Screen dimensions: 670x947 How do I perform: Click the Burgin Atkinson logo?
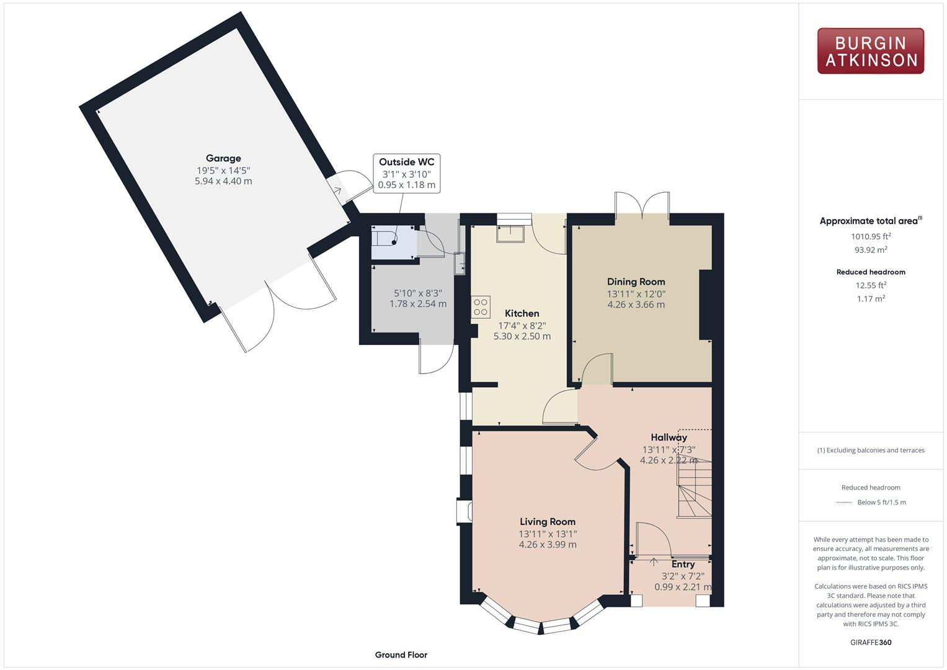click(870, 51)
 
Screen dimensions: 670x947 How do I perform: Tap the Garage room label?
click(223, 158)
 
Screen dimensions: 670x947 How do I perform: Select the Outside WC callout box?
click(406, 173)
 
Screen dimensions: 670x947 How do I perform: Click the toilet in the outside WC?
click(385, 238)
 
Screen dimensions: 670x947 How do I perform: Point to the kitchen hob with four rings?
click(481, 306)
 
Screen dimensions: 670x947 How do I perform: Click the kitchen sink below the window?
click(510, 233)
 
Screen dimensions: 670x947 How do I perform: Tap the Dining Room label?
click(636, 282)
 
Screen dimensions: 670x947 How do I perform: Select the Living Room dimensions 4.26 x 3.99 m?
click(548, 545)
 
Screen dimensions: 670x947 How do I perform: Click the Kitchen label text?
click(522, 313)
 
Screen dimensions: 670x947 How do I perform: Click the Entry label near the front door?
click(683, 564)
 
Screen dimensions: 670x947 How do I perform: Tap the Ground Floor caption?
click(401, 654)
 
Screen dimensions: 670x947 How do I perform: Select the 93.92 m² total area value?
click(871, 250)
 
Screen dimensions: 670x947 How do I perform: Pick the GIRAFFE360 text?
click(871, 642)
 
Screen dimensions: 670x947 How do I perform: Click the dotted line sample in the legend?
click(844, 502)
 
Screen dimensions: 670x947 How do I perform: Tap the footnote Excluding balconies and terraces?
click(871, 450)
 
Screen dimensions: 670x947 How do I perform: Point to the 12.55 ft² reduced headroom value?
click(871, 285)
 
